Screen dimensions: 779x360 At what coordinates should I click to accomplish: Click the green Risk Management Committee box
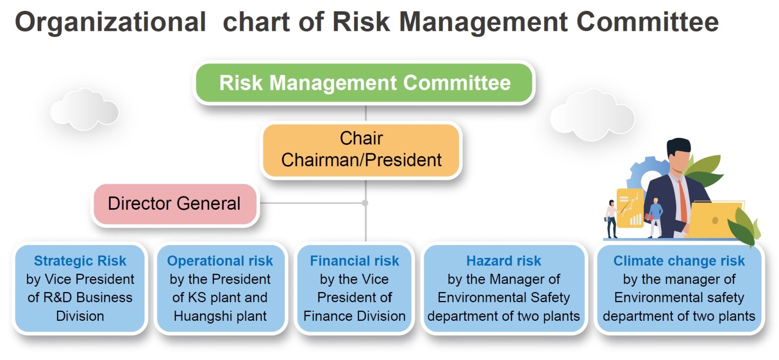click(x=364, y=82)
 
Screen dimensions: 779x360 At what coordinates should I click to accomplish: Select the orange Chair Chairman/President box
click(x=361, y=150)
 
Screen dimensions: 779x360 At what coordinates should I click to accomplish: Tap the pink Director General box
click(x=175, y=204)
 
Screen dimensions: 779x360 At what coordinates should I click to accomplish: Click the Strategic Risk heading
click(x=80, y=261)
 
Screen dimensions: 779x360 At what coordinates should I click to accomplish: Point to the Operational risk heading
click(x=220, y=261)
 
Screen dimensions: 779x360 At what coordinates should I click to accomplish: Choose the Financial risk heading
click(x=355, y=261)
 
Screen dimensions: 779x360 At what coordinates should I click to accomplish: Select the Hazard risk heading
click(x=504, y=261)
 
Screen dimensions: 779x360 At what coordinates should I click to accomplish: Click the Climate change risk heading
click(x=679, y=261)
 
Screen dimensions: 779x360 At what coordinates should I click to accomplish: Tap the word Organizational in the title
click(x=111, y=22)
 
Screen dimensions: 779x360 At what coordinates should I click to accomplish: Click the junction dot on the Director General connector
click(x=365, y=203)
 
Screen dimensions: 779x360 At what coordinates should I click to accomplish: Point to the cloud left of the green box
click(x=84, y=109)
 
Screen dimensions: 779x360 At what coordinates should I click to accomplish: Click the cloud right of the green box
click(x=592, y=114)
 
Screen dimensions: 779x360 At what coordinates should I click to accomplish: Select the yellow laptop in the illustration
click(x=716, y=219)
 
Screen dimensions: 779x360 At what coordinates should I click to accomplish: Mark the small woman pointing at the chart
click(x=612, y=219)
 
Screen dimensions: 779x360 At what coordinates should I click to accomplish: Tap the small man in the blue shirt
click(x=655, y=218)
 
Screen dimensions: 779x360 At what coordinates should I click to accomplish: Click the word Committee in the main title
click(x=648, y=22)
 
